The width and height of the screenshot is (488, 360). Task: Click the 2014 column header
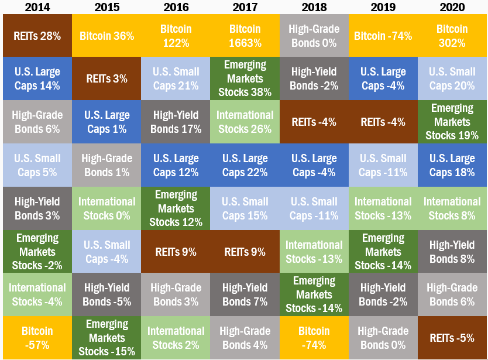(37, 7)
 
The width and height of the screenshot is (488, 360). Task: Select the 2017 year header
(245, 7)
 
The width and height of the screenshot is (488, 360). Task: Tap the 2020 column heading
(452, 7)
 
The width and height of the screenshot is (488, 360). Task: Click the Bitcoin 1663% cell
(245, 36)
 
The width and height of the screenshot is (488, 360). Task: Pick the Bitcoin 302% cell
(452, 36)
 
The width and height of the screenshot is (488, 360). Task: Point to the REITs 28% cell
(37, 36)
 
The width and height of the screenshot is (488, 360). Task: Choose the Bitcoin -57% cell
(37, 338)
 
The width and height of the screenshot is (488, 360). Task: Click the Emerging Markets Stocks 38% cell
(245, 78)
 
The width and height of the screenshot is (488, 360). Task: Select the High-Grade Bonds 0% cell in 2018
(314, 36)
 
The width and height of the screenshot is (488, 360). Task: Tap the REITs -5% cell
(452, 338)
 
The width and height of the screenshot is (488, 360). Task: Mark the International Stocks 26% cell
(245, 122)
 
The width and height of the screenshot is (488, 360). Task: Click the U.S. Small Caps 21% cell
(176, 78)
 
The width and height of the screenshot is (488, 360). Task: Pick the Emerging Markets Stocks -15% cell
(106, 338)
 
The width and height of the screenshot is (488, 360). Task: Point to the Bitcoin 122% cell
(176, 36)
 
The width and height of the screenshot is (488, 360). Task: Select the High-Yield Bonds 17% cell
(176, 122)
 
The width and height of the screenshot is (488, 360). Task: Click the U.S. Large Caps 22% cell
(245, 165)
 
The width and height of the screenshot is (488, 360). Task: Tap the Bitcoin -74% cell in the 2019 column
(383, 36)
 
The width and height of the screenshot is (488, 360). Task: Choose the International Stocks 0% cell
(106, 208)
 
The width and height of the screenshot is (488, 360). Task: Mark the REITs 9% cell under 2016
(176, 252)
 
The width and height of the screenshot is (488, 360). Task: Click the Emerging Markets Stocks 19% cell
(452, 122)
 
